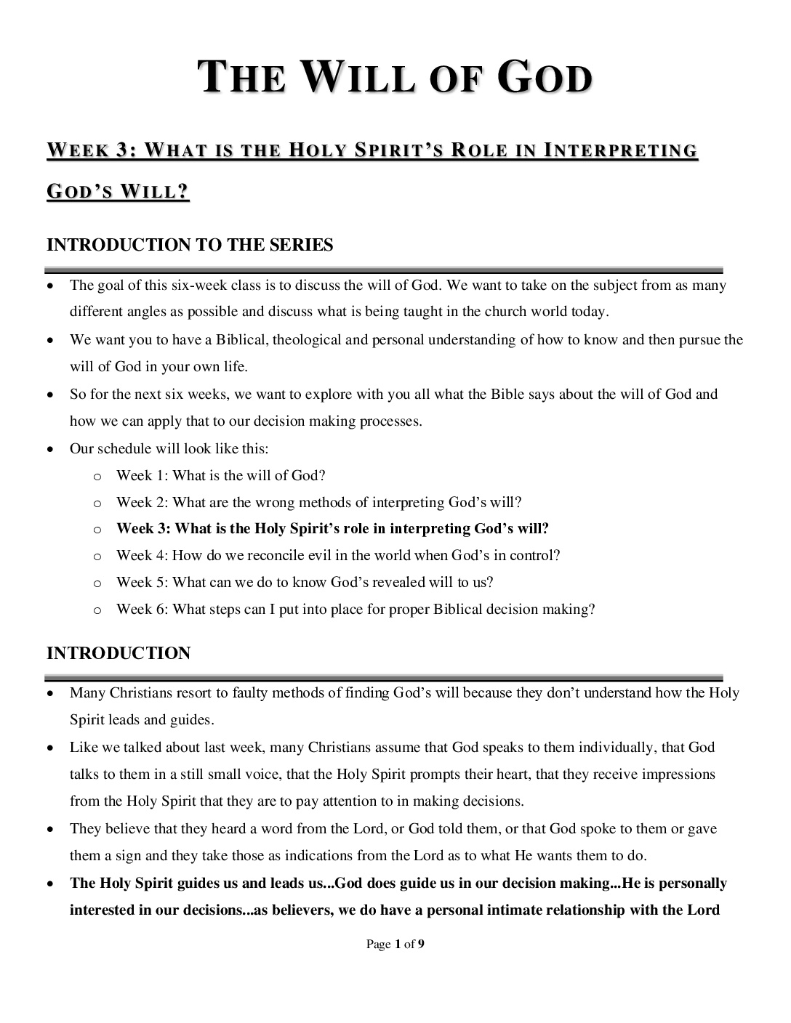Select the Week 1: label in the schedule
pyautogui.click(x=142, y=476)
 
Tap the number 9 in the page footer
pyautogui.click(x=422, y=945)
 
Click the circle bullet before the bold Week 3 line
pyautogui.click(x=97, y=530)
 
